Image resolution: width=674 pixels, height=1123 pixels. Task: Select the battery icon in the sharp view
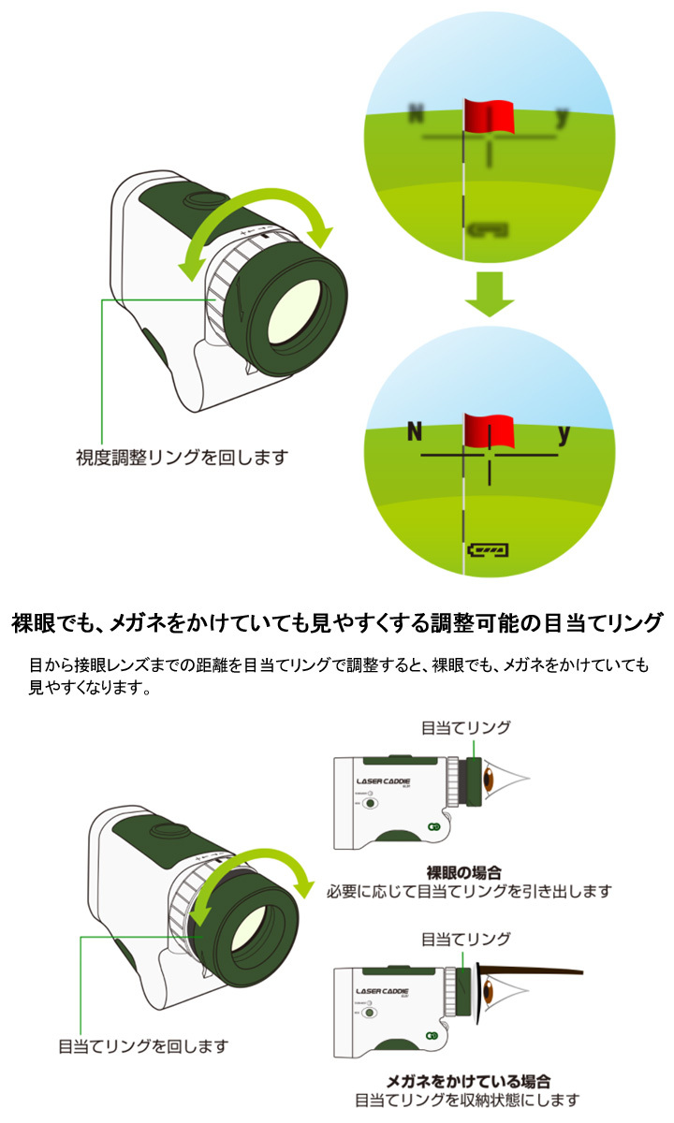click(x=490, y=549)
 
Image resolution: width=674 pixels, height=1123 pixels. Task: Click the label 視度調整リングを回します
click(x=182, y=459)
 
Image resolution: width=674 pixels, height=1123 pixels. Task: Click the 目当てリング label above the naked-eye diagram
click(x=466, y=727)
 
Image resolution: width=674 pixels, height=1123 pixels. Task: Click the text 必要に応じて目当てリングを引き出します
click(x=468, y=890)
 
